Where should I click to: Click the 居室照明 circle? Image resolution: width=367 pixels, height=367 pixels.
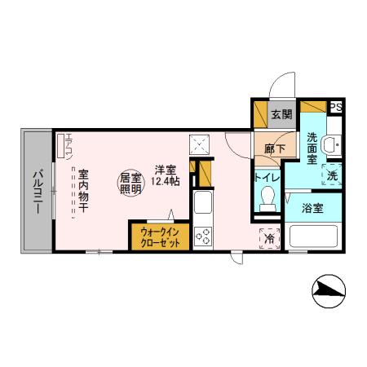point(130,183)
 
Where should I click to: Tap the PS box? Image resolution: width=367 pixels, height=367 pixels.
point(336,107)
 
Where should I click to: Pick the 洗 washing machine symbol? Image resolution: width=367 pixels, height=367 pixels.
point(332,173)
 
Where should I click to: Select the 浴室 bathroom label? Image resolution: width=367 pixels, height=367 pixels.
point(312,208)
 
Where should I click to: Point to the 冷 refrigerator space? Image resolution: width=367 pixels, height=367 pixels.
point(270,238)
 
